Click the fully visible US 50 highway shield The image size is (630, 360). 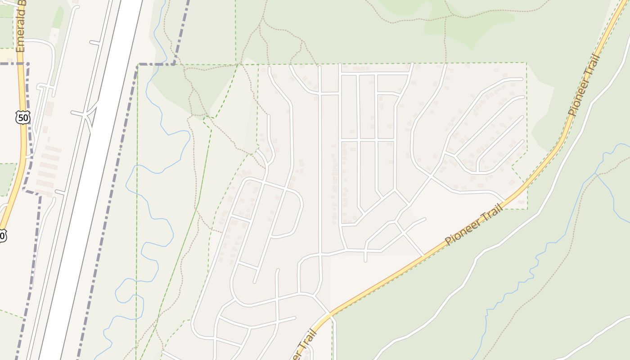[x=22, y=118]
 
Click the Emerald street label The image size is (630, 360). [x=21, y=27]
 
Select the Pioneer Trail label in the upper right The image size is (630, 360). [x=584, y=85]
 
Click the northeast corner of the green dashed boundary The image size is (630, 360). [x=526, y=63]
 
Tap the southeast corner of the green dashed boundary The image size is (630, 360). [x=526, y=209]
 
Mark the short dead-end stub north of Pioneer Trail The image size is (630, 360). [x=365, y=254]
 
